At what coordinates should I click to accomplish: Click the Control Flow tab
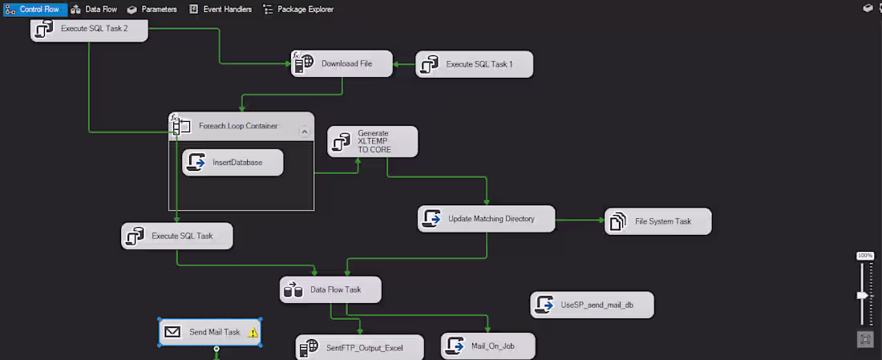click(34, 9)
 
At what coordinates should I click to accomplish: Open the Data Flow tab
click(94, 9)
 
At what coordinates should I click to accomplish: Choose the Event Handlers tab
click(220, 9)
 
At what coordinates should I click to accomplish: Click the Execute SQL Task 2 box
click(90, 30)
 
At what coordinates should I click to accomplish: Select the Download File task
click(342, 64)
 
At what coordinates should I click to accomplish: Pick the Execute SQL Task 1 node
click(475, 64)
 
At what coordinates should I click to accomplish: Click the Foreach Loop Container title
click(238, 126)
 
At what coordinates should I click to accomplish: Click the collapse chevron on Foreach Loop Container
click(304, 130)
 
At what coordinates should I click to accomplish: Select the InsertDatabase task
click(233, 163)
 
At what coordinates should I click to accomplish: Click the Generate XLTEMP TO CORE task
click(373, 141)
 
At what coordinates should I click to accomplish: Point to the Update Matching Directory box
click(487, 218)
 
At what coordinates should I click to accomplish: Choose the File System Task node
click(658, 221)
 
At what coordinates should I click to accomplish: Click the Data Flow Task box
click(330, 289)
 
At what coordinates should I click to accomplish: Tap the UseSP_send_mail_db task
click(592, 305)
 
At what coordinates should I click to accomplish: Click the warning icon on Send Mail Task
click(253, 332)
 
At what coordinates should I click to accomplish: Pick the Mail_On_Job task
click(488, 346)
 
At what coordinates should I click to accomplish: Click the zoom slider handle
click(863, 295)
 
